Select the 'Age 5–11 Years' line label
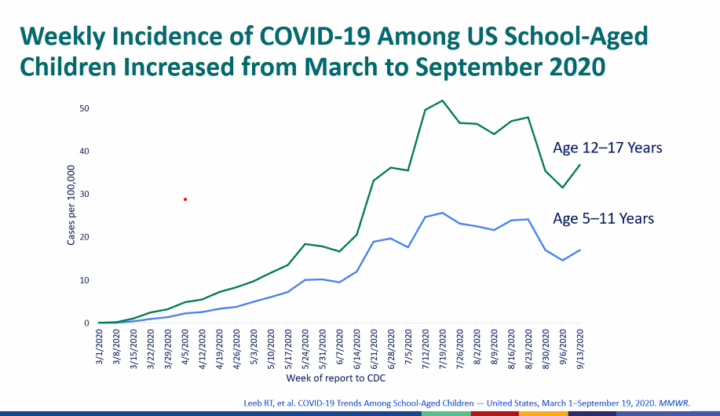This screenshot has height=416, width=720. pos(602,218)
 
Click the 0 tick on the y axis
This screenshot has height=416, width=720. pos(87,323)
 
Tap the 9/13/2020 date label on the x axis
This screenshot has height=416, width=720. pos(581,346)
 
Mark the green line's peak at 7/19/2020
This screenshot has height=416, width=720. pos(443,100)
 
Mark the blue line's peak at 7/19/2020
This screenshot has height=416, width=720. pos(443,213)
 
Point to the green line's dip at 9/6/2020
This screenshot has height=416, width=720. pos(562,188)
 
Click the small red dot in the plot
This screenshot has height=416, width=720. pos(185,199)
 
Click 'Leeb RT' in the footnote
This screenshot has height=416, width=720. pos(255,403)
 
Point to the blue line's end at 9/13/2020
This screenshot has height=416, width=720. pos(580,250)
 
